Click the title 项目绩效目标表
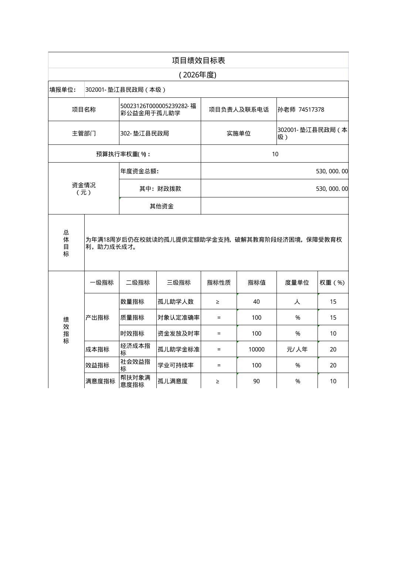click(198, 60)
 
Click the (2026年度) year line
click(198, 75)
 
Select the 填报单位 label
click(62, 90)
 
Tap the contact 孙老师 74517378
click(301, 110)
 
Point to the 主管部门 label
click(84, 133)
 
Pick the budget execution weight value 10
click(275, 154)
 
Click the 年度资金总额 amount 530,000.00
click(332, 171)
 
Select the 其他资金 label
click(162, 206)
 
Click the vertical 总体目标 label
click(66, 243)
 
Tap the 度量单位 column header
click(297, 283)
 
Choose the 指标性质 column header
click(218, 283)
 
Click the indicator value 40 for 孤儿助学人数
click(257, 302)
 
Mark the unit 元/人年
click(297, 349)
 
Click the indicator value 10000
click(257, 349)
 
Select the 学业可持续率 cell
click(176, 365)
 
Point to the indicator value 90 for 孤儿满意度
click(257, 381)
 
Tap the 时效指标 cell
click(132, 333)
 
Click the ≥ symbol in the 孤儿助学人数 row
click(218, 302)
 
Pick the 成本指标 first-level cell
click(97, 349)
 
